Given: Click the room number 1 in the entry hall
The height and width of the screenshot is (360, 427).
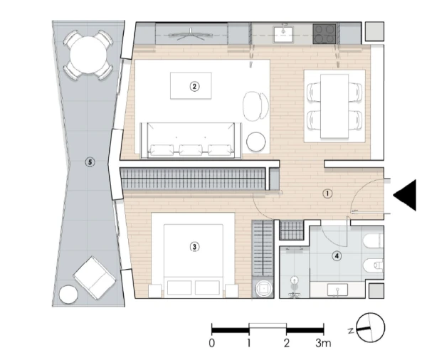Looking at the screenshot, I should pyautogui.click(x=327, y=193).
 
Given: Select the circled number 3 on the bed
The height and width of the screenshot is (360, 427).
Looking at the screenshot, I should pyautogui.click(x=194, y=247).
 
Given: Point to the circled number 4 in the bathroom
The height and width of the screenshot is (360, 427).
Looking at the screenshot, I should pyautogui.click(x=337, y=256).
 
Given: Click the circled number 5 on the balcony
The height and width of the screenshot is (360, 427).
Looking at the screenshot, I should pyautogui.click(x=89, y=162).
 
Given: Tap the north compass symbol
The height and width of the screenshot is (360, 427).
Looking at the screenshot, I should pyautogui.click(x=370, y=328).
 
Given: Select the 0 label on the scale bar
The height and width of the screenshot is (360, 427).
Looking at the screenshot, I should pyautogui.click(x=212, y=343).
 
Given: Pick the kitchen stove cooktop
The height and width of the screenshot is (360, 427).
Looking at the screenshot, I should pyautogui.click(x=325, y=33).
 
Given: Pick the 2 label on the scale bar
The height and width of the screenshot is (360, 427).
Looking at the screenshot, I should pyautogui.click(x=286, y=343).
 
